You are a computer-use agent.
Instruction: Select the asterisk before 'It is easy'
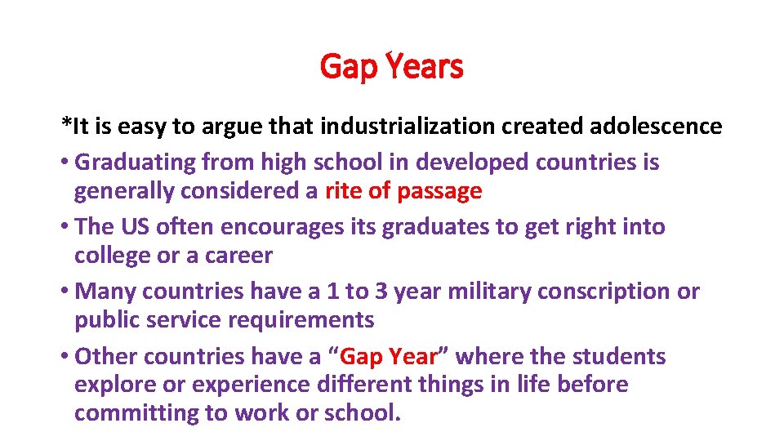[66, 124]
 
